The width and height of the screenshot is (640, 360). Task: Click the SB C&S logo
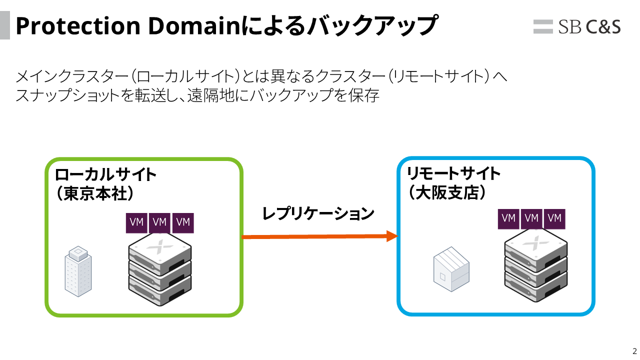coord(577,26)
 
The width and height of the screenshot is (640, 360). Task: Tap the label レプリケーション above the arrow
coord(318,213)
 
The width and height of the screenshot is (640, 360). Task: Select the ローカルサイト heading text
coord(106,174)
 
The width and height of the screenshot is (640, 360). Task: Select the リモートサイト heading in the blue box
coord(453,173)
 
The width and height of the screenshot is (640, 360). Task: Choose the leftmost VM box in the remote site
coord(508,218)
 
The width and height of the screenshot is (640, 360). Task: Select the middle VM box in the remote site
coord(531,218)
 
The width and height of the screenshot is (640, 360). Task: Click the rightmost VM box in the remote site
coord(554,218)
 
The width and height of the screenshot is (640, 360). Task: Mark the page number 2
coord(634,350)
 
